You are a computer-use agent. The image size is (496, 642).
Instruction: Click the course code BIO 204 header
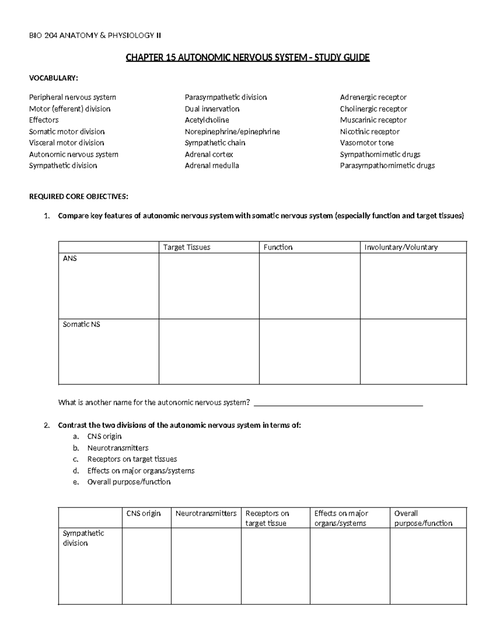(95, 36)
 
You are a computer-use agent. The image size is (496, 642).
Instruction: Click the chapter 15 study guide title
(248, 57)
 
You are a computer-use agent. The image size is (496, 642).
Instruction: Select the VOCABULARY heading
(53, 78)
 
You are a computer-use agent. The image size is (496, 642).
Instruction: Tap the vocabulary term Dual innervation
(212, 109)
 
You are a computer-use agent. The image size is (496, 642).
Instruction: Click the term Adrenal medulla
(212, 165)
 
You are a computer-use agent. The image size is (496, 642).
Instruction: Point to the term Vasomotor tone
(367, 143)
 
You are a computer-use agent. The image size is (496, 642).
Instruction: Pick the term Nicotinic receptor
(370, 131)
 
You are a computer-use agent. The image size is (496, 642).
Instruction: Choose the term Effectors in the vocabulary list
(44, 120)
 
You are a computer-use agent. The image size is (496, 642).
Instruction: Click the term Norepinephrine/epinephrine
(232, 131)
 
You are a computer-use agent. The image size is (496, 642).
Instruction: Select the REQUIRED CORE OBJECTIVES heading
(79, 197)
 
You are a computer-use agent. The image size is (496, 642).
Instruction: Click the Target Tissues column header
(186, 247)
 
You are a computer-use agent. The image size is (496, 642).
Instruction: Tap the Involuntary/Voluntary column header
(401, 247)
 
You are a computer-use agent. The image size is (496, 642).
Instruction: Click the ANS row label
(70, 258)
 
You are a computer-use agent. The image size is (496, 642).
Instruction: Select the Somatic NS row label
(81, 325)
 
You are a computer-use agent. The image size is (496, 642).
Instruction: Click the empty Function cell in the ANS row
(309, 286)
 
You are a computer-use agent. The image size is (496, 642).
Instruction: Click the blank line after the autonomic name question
(338, 403)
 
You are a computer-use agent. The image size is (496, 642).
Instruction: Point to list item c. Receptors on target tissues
(132, 459)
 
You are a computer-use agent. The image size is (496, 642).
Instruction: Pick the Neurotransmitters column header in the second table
(206, 513)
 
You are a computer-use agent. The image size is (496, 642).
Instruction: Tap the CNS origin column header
(143, 513)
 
